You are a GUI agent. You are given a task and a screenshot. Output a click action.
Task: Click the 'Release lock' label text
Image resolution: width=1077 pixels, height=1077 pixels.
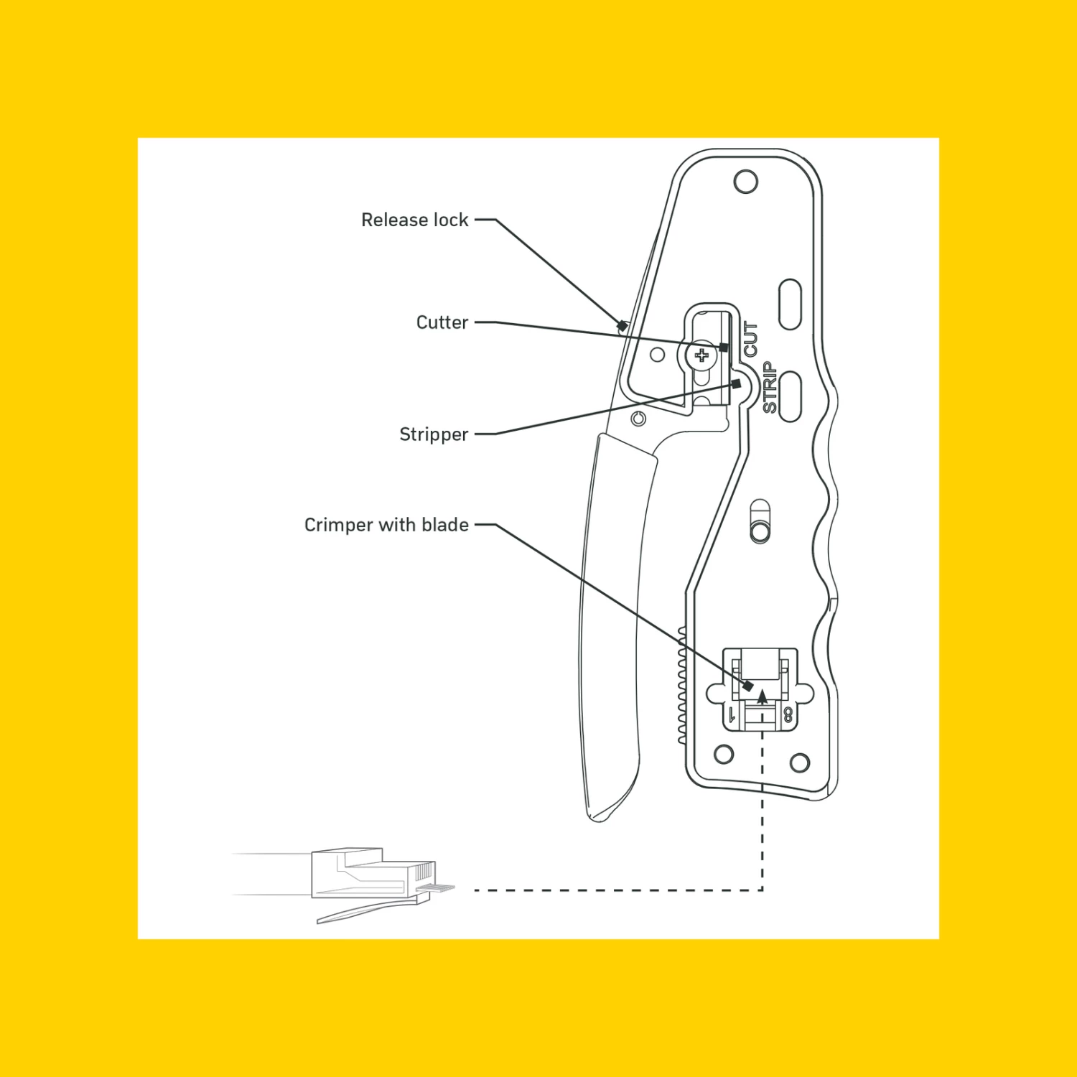tap(414, 220)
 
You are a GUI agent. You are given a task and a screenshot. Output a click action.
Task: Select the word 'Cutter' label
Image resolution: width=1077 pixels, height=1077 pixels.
tap(442, 322)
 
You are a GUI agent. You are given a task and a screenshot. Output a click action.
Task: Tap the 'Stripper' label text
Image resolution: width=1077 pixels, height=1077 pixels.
tap(433, 434)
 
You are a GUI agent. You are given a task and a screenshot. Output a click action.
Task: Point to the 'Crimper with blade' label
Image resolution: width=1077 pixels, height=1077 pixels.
tap(386, 525)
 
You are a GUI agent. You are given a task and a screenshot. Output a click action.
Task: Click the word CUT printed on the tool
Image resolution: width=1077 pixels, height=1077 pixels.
tap(751, 339)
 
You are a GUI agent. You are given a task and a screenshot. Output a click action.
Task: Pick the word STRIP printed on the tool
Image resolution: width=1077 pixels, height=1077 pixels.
tap(770, 387)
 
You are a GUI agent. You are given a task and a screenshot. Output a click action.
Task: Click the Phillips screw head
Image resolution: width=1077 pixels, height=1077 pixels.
tap(701, 355)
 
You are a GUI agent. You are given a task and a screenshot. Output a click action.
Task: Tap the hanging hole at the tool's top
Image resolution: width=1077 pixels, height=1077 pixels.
tap(746, 182)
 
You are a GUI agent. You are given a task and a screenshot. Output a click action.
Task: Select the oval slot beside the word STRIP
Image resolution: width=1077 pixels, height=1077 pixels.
tap(790, 396)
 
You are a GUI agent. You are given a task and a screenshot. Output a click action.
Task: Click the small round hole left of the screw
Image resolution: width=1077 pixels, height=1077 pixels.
tap(657, 355)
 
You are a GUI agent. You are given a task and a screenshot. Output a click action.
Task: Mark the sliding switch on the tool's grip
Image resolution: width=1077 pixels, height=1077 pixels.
tap(760, 522)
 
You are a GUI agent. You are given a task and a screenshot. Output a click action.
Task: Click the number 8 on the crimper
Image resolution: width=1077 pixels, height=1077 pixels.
tap(788, 714)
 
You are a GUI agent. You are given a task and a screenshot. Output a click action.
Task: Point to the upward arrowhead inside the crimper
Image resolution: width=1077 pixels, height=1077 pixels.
tap(763, 695)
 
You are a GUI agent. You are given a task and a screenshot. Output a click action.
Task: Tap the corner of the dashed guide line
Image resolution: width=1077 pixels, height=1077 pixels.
tap(762, 890)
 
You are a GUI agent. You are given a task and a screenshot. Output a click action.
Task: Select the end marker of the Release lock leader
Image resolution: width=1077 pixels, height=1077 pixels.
tap(623, 326)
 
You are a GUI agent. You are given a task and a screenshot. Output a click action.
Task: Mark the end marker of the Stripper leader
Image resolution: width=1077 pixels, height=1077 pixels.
tap(736, 383)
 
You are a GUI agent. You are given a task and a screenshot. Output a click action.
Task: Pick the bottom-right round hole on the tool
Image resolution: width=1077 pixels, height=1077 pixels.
tap(799, 763)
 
